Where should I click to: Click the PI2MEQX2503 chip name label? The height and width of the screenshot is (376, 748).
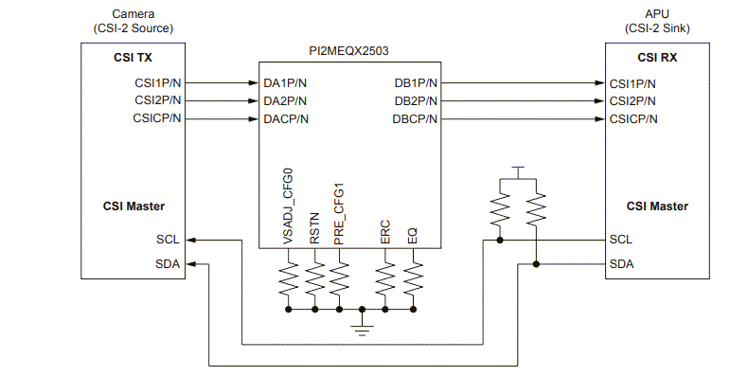[349, 52]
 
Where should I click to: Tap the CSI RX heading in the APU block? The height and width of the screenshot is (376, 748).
[657, 58]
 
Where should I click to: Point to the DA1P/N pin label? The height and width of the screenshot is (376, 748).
[286, 82]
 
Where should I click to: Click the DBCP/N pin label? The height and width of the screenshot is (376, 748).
[415, 118]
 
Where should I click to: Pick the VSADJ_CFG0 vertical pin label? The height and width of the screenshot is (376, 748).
[289, 206]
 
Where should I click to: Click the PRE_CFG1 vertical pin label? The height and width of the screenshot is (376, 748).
[339, 213]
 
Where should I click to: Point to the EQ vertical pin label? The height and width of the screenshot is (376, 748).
[413, 233]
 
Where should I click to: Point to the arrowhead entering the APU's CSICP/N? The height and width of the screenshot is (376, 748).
[599, 118]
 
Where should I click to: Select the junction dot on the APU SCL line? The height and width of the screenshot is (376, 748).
[500, 240]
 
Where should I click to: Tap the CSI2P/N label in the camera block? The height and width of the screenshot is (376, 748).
[158, 100]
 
